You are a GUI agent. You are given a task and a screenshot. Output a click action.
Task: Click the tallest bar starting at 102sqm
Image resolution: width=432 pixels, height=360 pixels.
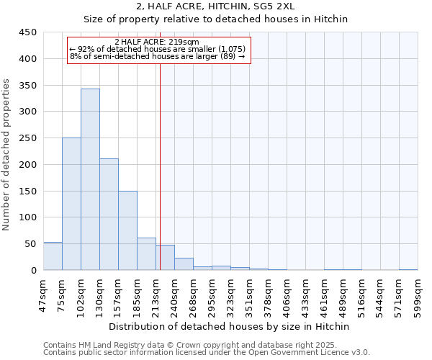coord(90,180)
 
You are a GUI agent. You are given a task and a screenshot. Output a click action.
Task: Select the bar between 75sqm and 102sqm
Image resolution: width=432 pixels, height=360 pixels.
coord(71,204)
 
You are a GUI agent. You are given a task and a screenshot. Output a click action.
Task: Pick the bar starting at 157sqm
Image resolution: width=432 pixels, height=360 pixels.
coord(127,231)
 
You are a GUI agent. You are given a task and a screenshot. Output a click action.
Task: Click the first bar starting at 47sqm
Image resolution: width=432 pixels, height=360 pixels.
coord(53,256)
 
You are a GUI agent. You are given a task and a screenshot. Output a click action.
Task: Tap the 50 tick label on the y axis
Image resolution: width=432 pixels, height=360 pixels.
coord(31,244)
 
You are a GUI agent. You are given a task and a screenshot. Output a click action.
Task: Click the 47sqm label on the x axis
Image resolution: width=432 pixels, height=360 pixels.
coord(43,294)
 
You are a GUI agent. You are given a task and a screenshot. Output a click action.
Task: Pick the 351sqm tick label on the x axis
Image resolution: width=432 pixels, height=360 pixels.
coord(249,294)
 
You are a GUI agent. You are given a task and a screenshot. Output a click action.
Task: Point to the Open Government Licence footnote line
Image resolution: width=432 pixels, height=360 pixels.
coord(206,352)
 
